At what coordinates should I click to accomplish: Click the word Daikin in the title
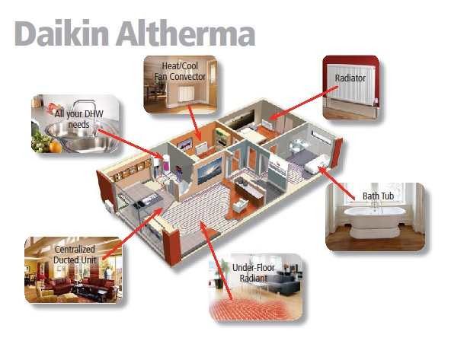(62, 33)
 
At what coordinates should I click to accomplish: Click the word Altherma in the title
(186, 33)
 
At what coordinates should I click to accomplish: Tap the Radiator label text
(350, 78)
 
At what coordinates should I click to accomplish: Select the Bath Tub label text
(378, 196)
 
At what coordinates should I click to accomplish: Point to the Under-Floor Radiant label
(254, 272)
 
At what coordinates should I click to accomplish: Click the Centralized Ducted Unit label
(75, 254)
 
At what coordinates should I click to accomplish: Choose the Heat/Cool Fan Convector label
(180, 72)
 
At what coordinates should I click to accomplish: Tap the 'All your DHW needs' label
(78, 119)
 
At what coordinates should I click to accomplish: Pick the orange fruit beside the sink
(56, 147)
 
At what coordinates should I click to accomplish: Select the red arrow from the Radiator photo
(303, 103)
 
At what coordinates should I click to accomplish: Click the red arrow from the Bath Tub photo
(336, 183)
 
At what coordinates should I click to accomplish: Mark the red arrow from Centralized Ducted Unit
(133, 234)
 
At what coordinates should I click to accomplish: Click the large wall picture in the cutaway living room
(210, 170)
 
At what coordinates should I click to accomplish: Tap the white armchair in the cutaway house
(240, 205)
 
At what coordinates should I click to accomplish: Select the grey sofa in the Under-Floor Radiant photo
(283, 282)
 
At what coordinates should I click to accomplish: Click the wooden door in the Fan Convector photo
(213, 81)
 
